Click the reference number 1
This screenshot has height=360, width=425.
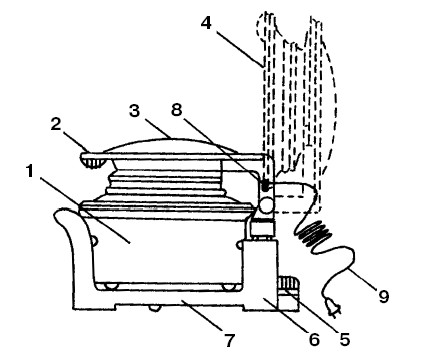30,172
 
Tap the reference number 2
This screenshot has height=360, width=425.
56,124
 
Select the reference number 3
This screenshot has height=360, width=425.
134,110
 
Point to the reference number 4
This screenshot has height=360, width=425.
207,23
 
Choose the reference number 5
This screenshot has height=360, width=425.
345,339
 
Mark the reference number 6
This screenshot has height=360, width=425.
314,340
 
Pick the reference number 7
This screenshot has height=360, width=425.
229,340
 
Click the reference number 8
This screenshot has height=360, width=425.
177,109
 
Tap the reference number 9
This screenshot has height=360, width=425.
383,296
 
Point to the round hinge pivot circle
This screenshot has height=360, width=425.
266,206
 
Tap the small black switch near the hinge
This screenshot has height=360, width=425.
265,185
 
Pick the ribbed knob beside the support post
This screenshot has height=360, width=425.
288,284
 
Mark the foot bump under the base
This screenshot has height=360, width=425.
154,308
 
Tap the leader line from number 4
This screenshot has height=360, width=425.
239,49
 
